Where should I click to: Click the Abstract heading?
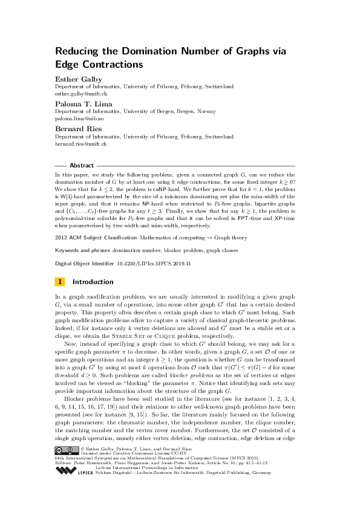[x=82, y=165]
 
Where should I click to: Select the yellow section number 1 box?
[x=60, y=282]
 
